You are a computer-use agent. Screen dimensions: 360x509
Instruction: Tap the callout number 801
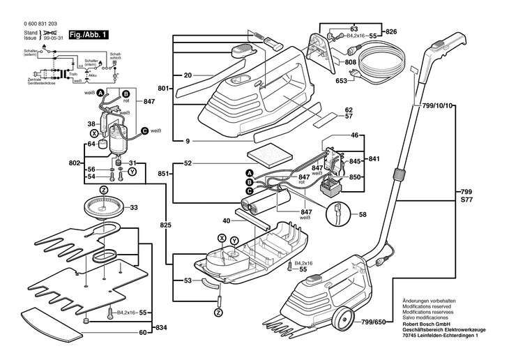[x=164, y=89]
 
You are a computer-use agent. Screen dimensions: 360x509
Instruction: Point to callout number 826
[x=390, y=33]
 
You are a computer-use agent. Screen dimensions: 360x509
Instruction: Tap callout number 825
[x=165, y=226]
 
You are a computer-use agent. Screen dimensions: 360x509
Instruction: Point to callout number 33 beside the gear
[x=134, y=207]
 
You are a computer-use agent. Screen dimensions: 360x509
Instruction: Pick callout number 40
[x=225, y=220]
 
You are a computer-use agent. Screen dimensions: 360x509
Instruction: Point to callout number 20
[x=188, y=75]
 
